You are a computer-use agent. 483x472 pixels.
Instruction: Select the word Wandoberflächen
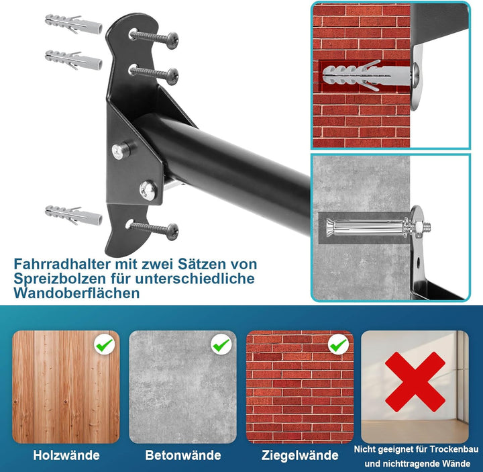76,293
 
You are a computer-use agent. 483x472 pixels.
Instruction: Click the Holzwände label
66,455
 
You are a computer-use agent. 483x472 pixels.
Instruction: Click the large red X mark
414,382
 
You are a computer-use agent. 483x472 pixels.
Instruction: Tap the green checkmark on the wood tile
104,346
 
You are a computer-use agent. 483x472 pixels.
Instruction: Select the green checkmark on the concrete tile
221,346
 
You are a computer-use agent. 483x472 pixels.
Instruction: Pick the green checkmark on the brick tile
337,346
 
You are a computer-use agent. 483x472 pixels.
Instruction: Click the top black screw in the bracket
154,38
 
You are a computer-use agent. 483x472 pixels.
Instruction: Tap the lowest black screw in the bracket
154,229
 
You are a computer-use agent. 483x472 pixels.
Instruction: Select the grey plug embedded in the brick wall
356,74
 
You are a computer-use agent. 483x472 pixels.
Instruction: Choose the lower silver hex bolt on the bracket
148,190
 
